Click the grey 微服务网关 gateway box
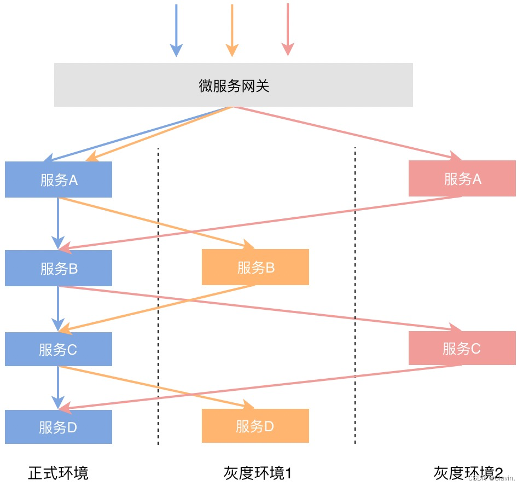coord(233,85)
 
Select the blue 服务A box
coord(59,180)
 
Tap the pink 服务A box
coord(462,178)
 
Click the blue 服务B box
coord(59,268)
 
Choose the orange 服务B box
coord(255,267)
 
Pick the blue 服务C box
coord(59,349)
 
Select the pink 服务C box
coord(462,348)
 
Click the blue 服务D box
coord(59,427)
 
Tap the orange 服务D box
coord(255,426)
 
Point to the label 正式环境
coord(58,472)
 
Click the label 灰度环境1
coord(257,472)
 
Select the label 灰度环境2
coord(468,472)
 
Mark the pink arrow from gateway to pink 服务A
coord(345,131)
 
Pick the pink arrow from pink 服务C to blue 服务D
coord(263,386)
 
